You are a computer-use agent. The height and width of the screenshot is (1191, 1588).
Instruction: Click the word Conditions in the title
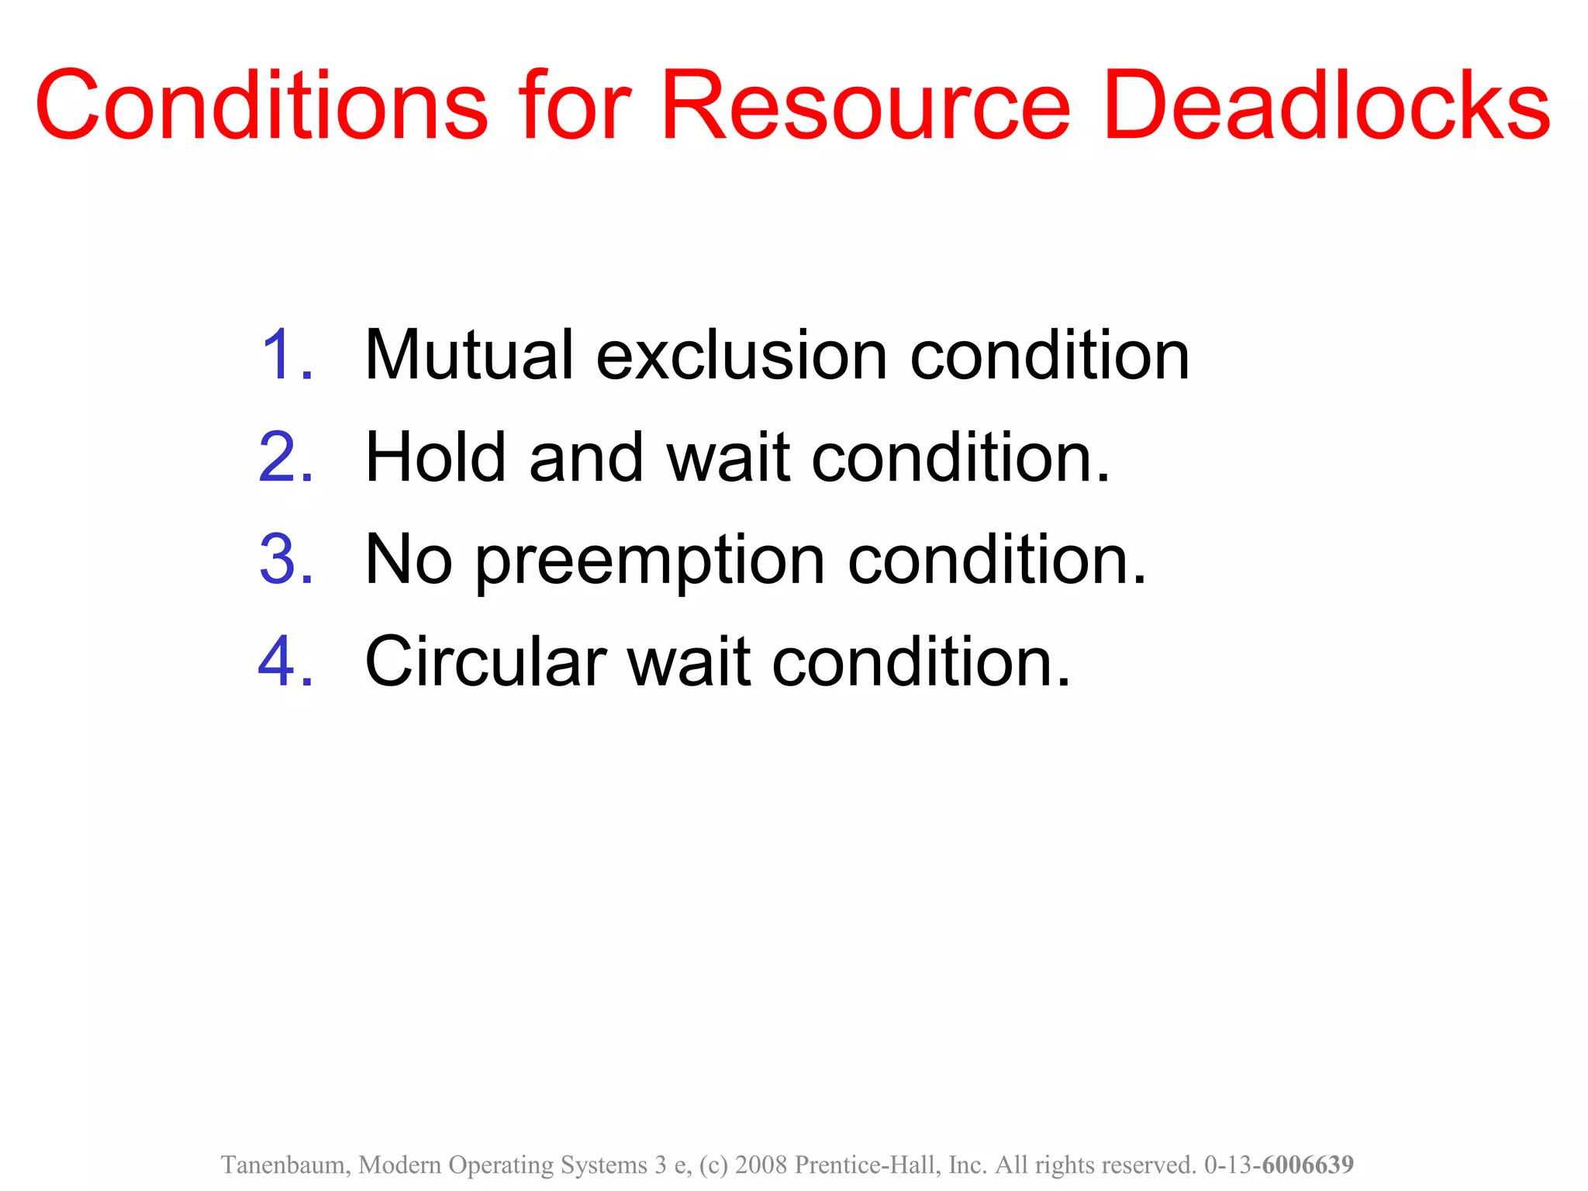coord(261,105)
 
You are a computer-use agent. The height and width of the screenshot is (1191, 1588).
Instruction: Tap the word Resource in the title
coord(865,105)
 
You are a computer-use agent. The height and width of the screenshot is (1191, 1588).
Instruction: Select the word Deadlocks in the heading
coord(1326,105)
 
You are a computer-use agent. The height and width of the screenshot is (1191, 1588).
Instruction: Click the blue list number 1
coord(287,355)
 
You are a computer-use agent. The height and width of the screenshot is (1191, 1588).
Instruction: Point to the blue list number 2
coord(286,457)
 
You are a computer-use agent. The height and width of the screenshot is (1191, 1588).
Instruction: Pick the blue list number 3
coord(286,559)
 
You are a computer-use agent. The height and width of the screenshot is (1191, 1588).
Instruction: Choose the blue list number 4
coord(286,661)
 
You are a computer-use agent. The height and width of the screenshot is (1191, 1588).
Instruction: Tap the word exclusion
coord(741,355)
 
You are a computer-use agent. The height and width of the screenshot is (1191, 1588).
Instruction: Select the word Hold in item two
coord(437,457)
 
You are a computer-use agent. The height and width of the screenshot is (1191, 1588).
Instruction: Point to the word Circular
coord(485,661)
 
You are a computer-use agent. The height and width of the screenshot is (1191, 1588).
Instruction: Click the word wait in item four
coord(689,661)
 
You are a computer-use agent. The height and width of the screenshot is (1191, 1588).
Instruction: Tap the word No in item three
coord(408,559)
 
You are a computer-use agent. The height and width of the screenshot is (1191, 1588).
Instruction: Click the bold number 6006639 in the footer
coord(1307,1165)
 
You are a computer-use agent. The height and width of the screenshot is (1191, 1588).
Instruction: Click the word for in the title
coord(575,105)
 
